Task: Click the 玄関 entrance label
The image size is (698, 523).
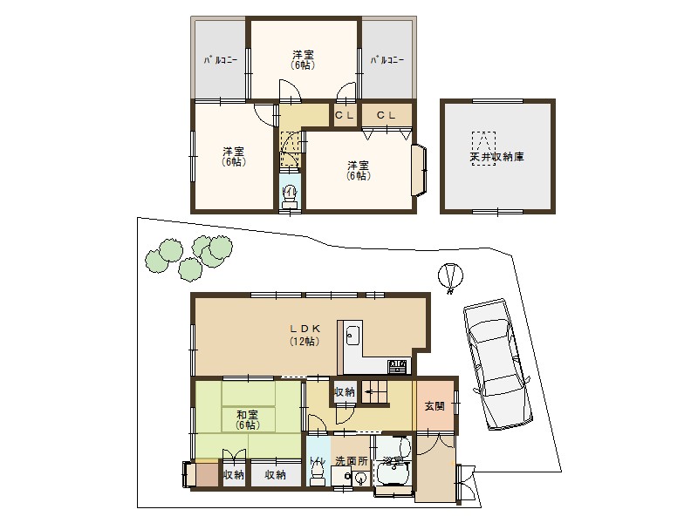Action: pos(434,406)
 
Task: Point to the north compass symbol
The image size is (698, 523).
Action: pos(448,278)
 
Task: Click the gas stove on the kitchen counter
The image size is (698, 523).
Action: pos(397,366)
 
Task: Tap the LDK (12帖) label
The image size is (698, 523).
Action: pos(305,335)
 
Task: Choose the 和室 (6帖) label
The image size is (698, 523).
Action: pos(247,420)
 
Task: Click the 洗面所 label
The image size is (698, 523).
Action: pos(352,461)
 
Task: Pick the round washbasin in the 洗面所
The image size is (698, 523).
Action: pos(359,478)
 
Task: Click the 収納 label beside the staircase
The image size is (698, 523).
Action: pos(344,393)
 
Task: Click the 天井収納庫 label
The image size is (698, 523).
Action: pos(496,158)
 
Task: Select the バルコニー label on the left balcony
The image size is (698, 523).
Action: pos(221,61)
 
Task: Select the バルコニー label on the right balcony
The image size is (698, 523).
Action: pos(387,61)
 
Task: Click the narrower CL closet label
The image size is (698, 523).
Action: pos(344,115)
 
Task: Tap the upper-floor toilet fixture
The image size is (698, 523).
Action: pos(290,194)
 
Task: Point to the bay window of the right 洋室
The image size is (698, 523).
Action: pos(419,169)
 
